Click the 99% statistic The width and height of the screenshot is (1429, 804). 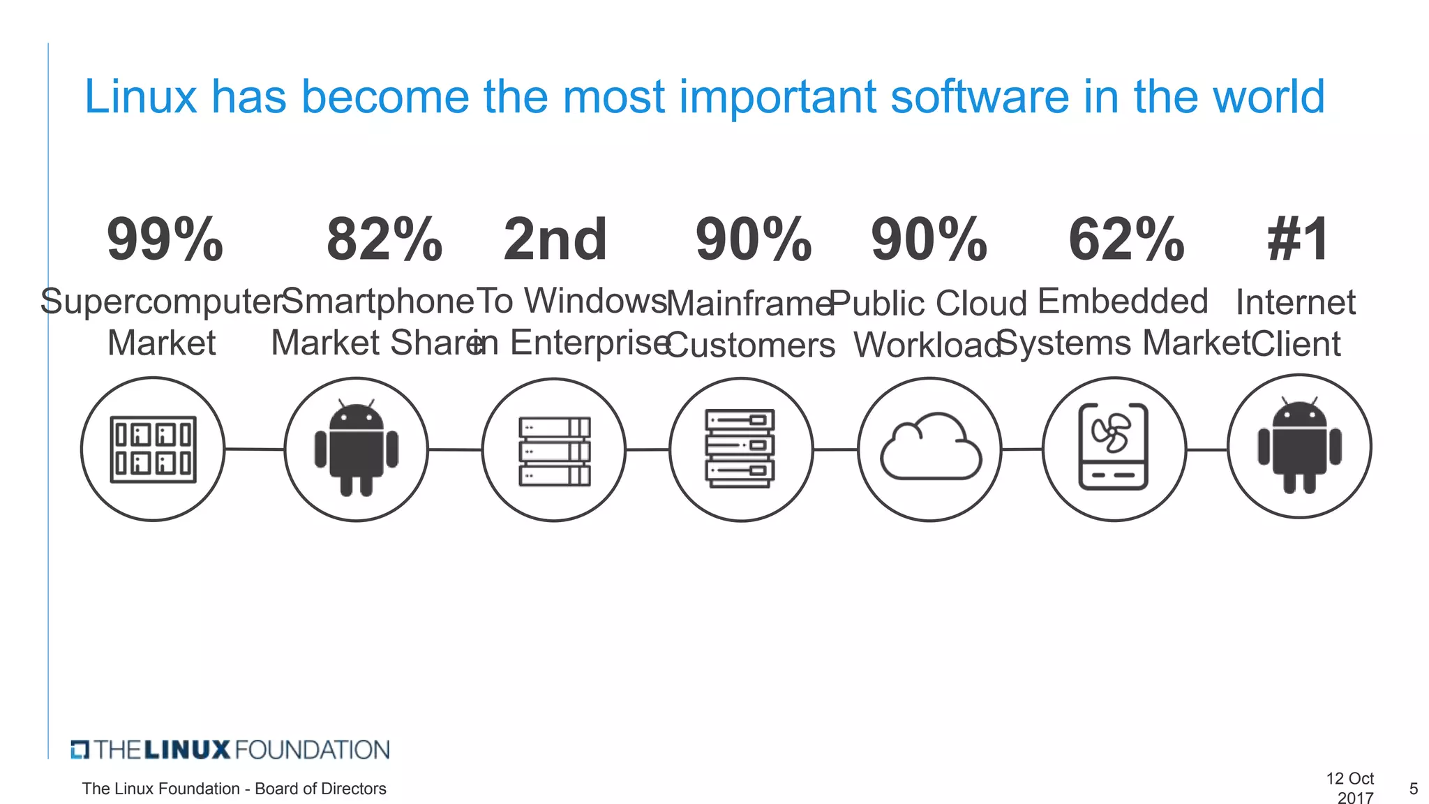pyautogui.click(x=165, y=239)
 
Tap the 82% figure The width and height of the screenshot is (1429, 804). pyautogui.click(x=384, y=239)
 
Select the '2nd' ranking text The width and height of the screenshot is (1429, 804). pyautogui.click(x=555, y=239)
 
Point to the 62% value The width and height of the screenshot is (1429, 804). pyautogui.click(x=1126, y=239)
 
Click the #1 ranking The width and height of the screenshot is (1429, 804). pyautogui.click(x=1299, y=239)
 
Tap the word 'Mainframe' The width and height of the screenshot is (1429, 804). pyautogui.click(x=750, y=304)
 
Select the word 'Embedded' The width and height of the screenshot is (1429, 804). pyautogui.click(x=1123, y=301)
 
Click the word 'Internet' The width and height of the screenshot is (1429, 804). pyautogui.click(x=1296, y=302)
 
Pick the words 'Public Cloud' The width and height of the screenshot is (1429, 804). pyautogui.click(x=928, y=304)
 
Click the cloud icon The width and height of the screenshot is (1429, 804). pyautogui.click(x=930, y=448)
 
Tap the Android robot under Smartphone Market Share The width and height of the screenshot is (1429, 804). pyautogui.click(x=357, y=448)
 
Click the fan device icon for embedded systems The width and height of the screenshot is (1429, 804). pyautogui.click(x=1114, y=447)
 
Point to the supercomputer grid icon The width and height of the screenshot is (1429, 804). pyautogui.click(x=153, y=449)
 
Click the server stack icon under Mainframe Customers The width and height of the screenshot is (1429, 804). pyautogui.click(x=740, y=448)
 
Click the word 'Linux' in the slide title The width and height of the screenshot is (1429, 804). pyautogui.click(x=141, y=96)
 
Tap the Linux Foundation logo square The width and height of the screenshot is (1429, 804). pyautogui.click(x=80, y=750)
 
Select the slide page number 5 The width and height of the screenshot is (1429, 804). pyautogui.click(x=1414, y=789)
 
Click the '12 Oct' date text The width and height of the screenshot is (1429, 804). pyautogui.click(x=1349, y=778)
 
